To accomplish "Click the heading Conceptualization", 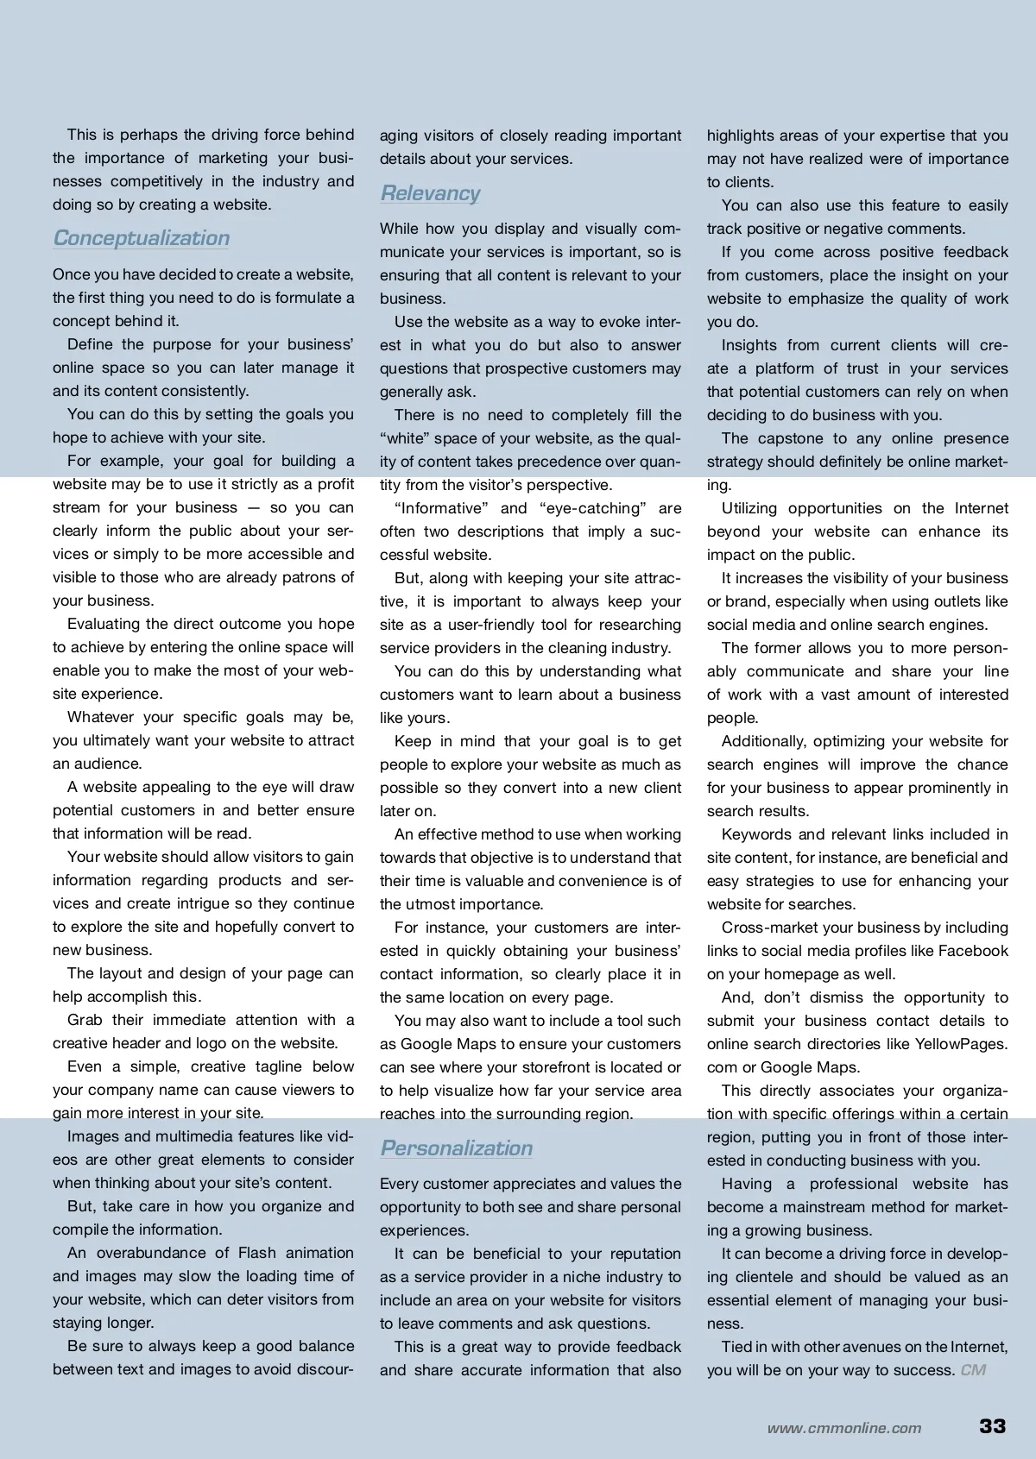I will click(x=142, y=238).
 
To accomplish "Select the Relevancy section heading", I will click(x=430, y=193).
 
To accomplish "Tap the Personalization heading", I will click(x=456, y=1148).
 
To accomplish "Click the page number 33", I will click(x=993, y=1425).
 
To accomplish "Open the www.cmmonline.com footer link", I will click(x=843, y=1428).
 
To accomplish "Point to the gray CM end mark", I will click(x=973, y=1370).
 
